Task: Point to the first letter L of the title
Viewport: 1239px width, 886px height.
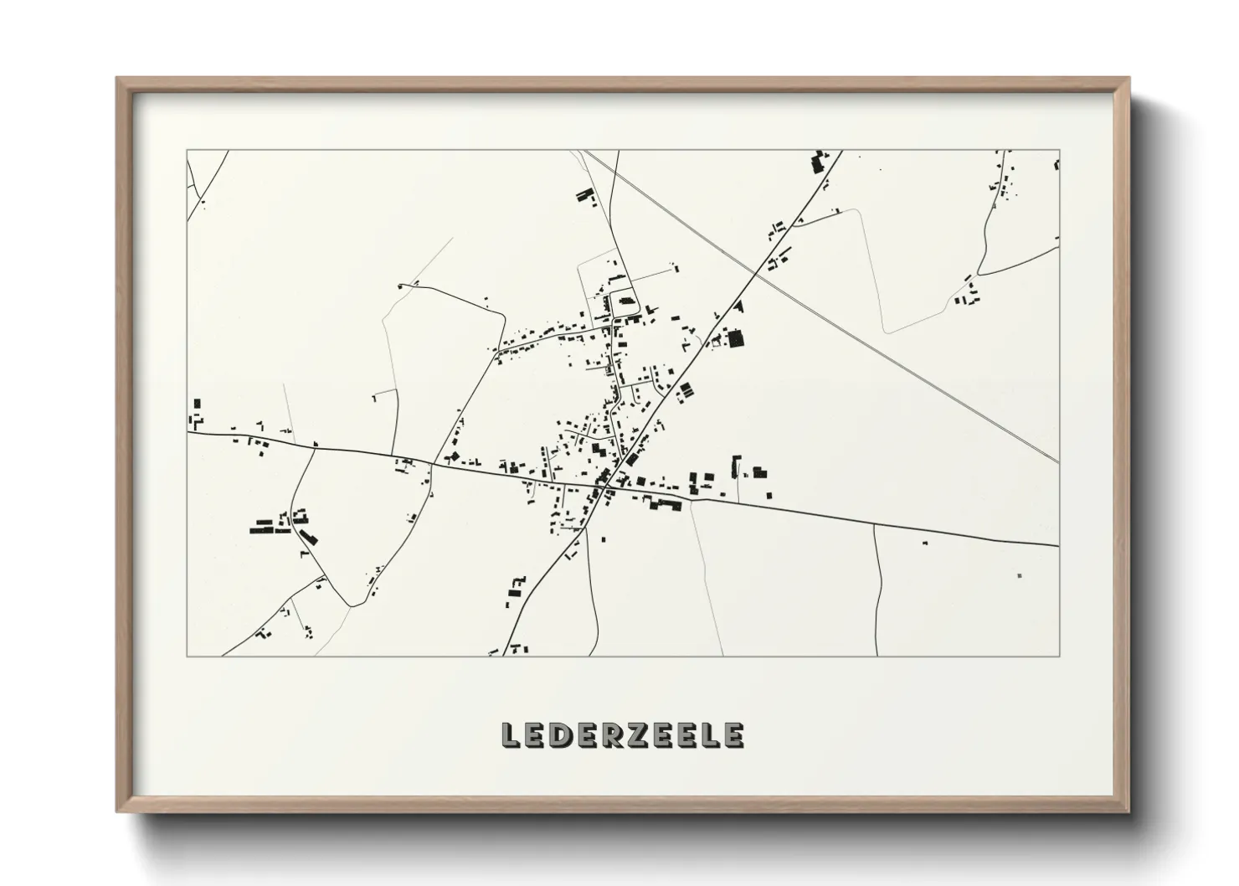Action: [x=510, y=735]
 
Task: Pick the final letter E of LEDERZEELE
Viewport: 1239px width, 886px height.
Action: [x=733, y=735]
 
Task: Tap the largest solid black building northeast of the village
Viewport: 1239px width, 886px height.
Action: [x=735, y=339]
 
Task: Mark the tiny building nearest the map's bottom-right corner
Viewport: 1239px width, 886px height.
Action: [x=1019, y=575]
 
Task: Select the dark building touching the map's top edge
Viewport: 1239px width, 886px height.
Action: [x=818, y=162]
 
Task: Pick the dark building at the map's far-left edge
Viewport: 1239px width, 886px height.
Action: [x=198, y=404]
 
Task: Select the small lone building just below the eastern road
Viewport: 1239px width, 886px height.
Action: [x=925, y=543]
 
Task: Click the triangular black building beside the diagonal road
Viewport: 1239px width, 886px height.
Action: [x=737, y=308]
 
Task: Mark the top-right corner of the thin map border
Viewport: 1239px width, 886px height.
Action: [x=1059, y=151]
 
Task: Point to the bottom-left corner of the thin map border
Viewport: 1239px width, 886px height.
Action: [x=187, y=656]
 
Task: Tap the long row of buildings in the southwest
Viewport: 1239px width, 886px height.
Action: [x=270, y=528]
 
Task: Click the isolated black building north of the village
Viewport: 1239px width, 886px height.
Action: [x=584, y=197]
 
